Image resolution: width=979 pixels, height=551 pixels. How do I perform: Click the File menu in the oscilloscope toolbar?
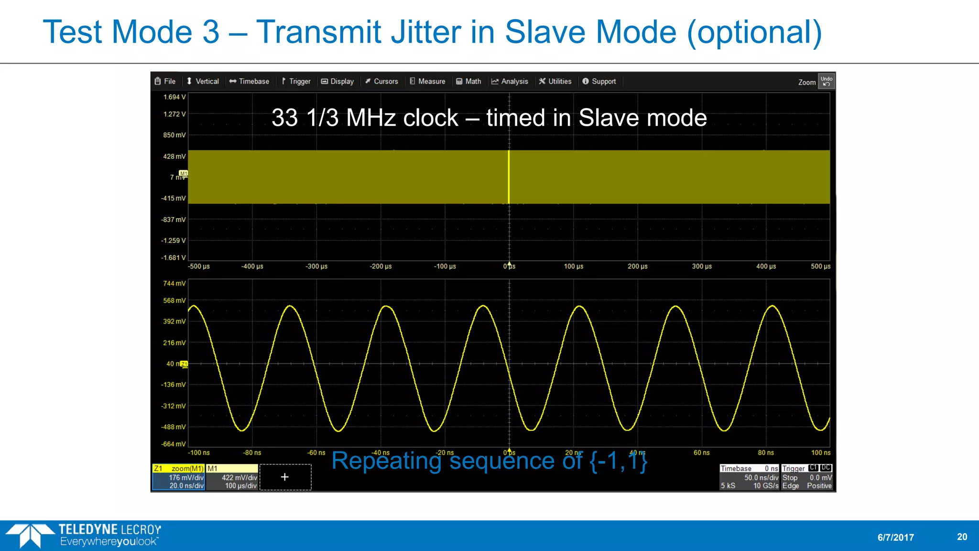[165, 81]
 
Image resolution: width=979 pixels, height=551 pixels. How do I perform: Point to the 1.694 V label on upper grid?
[174, 97]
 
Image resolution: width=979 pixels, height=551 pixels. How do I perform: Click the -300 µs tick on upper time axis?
[316, 266]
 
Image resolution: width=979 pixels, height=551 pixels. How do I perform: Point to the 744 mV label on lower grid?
[174, 284]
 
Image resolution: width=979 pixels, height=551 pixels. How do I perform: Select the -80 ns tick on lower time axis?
[252, 453]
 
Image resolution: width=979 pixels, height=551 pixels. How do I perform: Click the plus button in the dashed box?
[285, 477]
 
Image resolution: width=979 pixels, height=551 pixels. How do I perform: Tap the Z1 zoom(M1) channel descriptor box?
[179, 477]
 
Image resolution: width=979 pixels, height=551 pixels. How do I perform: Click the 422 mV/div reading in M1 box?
[239, 477]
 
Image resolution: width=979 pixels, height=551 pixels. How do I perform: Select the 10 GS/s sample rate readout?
[766, 486]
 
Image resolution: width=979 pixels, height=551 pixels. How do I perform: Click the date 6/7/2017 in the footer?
[895, 538]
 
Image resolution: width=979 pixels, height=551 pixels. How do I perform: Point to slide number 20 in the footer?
[962, 537]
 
